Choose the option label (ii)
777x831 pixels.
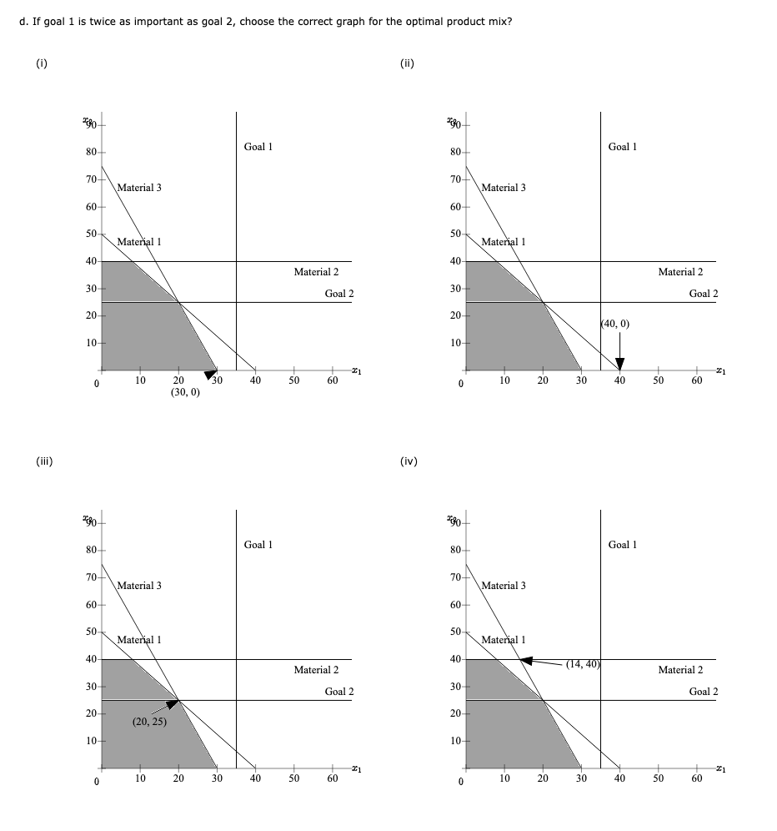pyautogui.click(x=408, y=61)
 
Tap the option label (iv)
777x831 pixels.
pyautogui.click(x=409, y=461)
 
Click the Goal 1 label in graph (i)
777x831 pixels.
pyautogui.click(x=258, y=147)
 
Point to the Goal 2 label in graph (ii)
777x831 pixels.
pyautogui.click(x=704, y=294)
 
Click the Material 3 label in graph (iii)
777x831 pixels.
pyautogui.click(x=139, y=586)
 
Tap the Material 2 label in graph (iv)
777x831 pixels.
pyautogui.click(x=680, y=670)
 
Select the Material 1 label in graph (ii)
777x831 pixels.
pyautogui.click(x=504, y=242)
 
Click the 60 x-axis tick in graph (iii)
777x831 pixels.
pyautogui.click(x=332, y=778)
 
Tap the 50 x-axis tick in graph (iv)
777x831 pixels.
pyautogui.click(x=658, y=778)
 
